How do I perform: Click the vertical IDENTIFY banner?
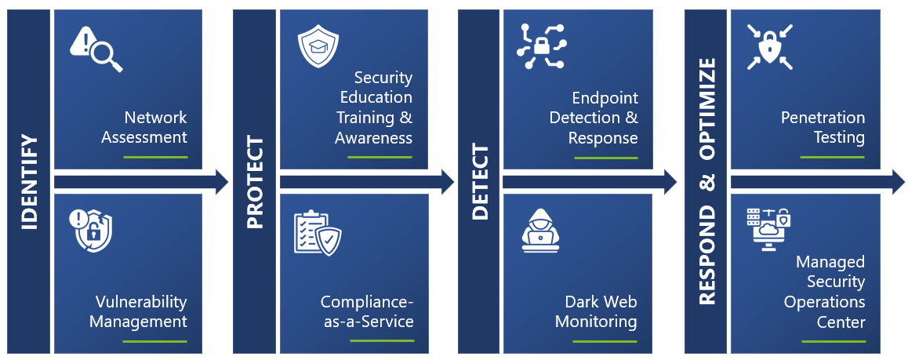pos(28,181)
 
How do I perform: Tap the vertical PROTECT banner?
pos(254,181)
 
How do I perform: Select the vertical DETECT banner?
pos(478,181)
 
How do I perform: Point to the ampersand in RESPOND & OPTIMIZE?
pos(706,181)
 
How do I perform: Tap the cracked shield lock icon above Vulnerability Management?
pos(91,231)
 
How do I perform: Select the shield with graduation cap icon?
pos(318,45)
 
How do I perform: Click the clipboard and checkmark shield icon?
pos(318,233)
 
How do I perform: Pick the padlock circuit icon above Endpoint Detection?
pos(542,46)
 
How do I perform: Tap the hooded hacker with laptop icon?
pos(541,231)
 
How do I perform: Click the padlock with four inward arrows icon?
pos(769,46)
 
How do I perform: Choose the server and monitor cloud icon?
pos(768,229)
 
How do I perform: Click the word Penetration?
pos(823,118)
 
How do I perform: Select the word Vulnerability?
pos(141,302)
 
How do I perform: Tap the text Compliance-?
pos(367,302)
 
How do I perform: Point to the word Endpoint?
pos(605,98)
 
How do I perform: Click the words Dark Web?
pos(601,301)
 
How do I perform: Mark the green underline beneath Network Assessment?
pos(155,157)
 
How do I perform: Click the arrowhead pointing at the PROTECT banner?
pos(222,182)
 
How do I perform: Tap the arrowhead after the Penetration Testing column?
pos(898,182)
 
